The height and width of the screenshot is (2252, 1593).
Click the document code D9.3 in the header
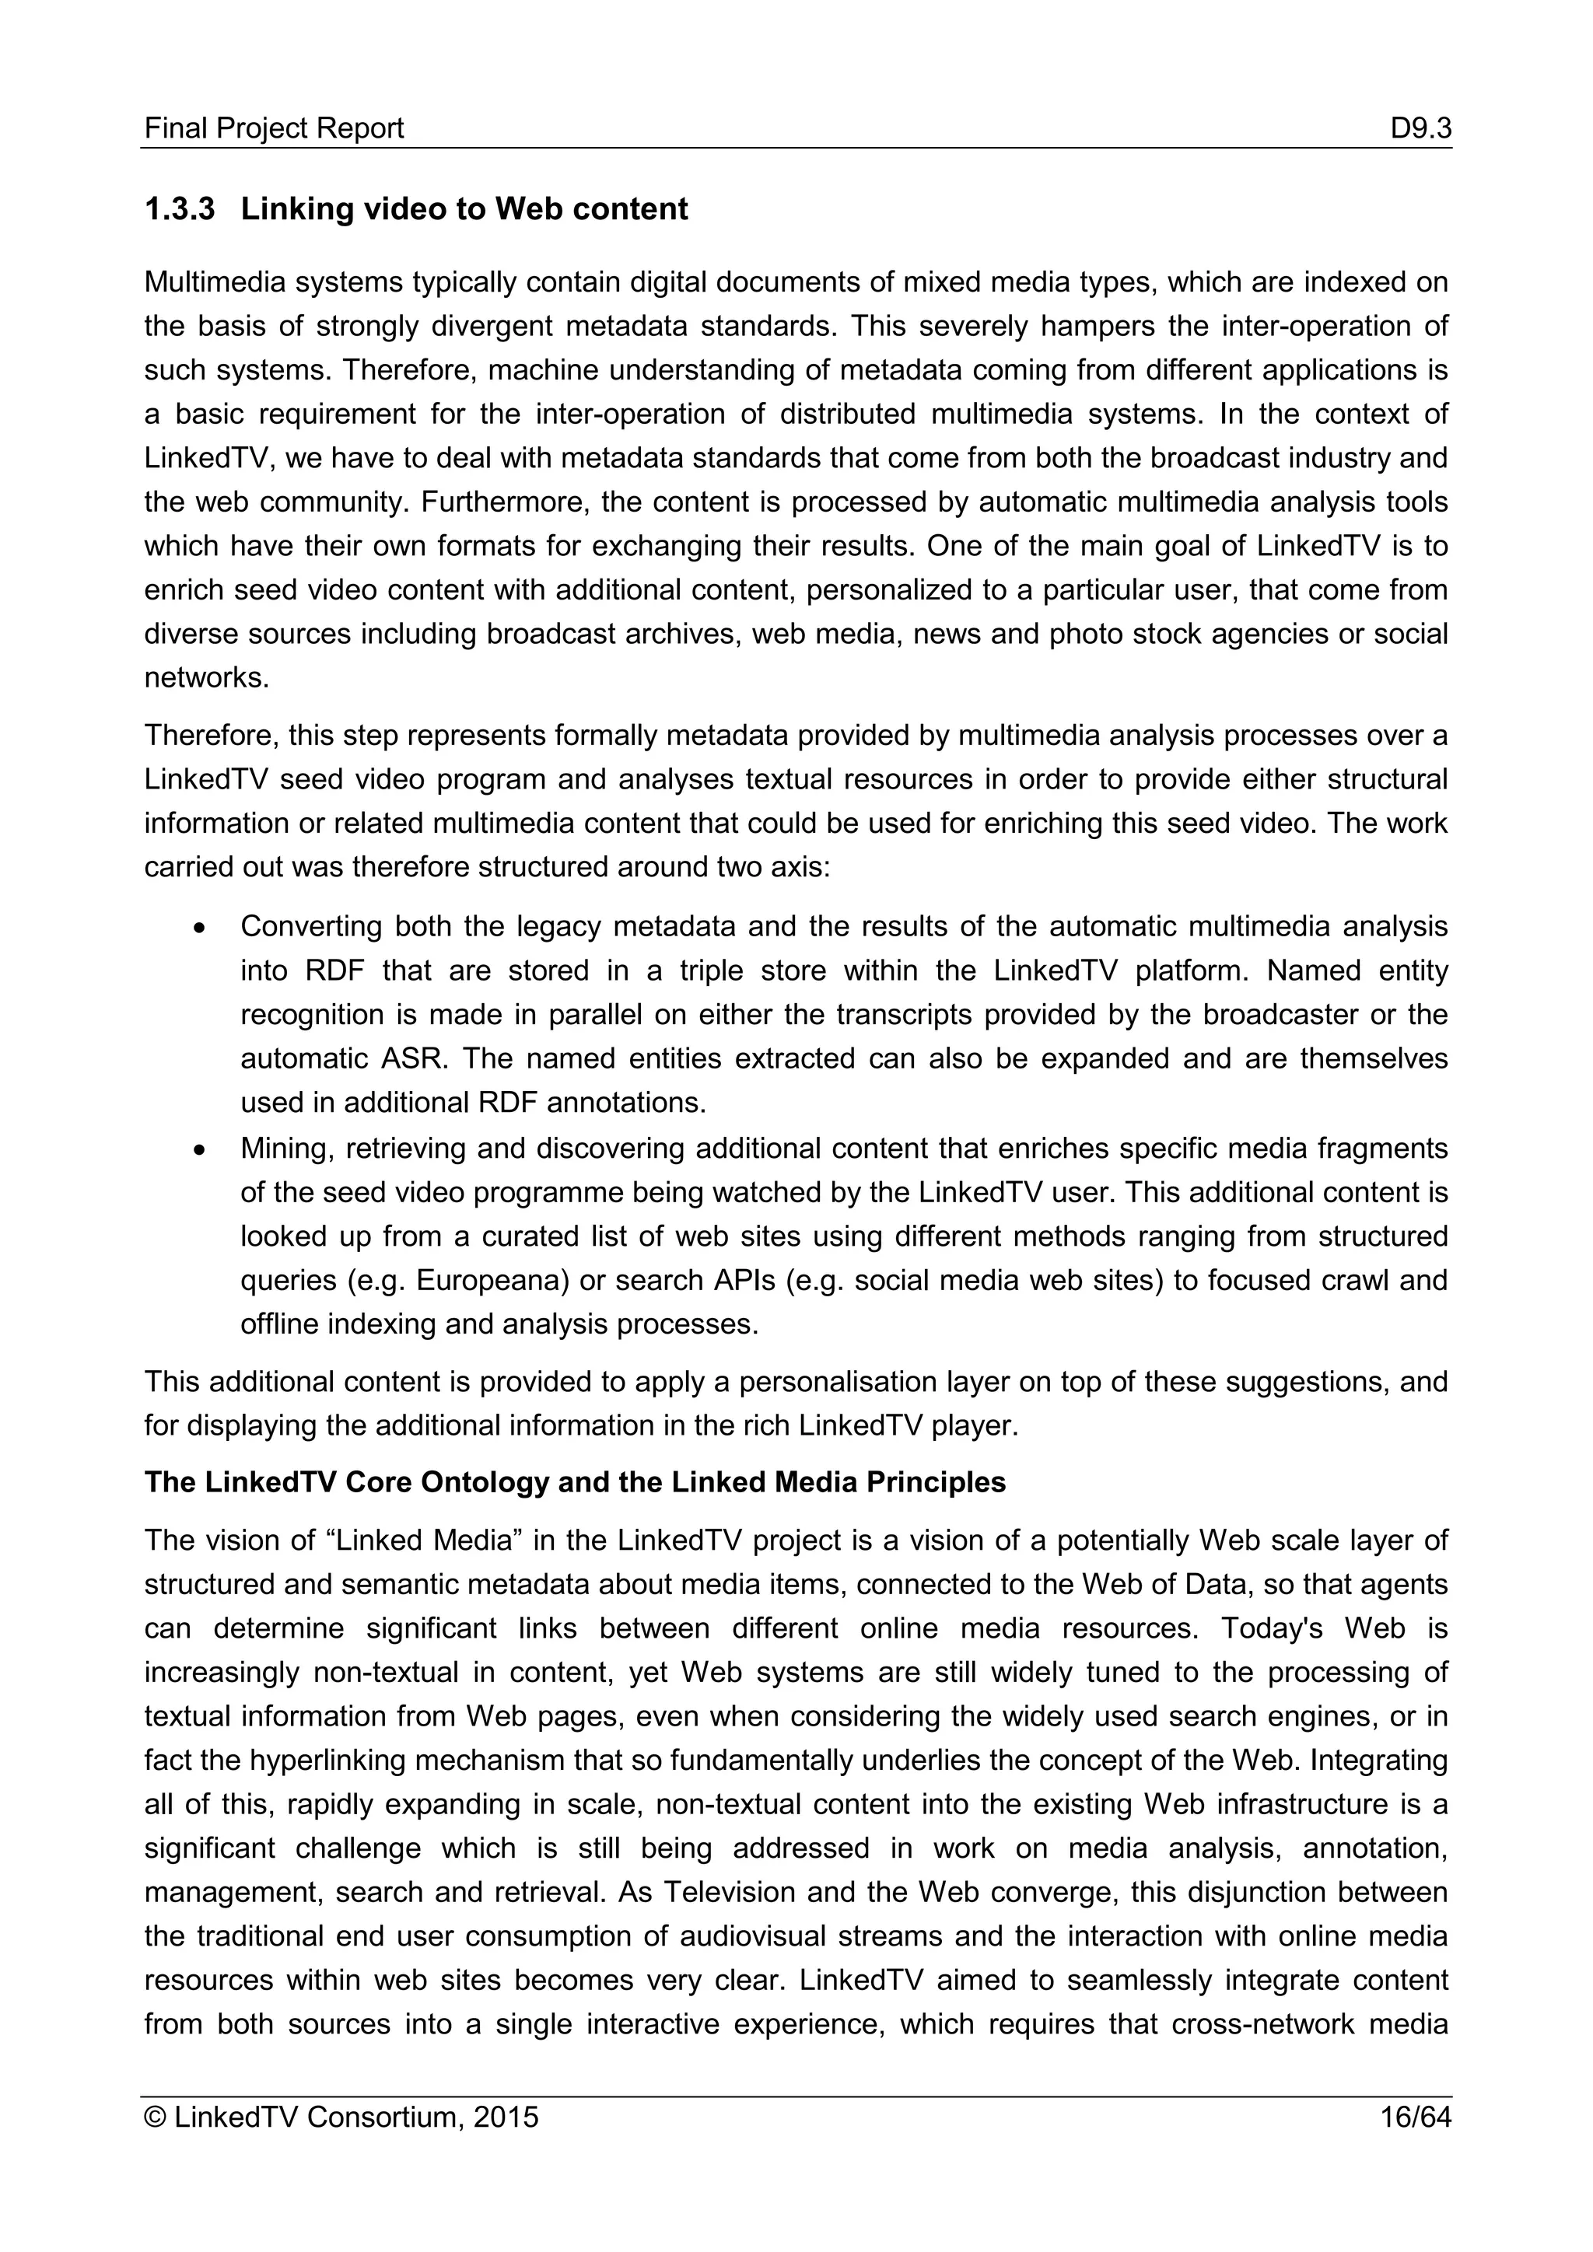[1420, 128]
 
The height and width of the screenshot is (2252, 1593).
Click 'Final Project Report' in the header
[274, 128]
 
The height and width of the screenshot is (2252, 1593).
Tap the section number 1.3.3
[180, 209]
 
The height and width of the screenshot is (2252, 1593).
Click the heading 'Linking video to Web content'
[464, 209]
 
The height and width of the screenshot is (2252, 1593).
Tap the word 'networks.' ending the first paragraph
[207, 678]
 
